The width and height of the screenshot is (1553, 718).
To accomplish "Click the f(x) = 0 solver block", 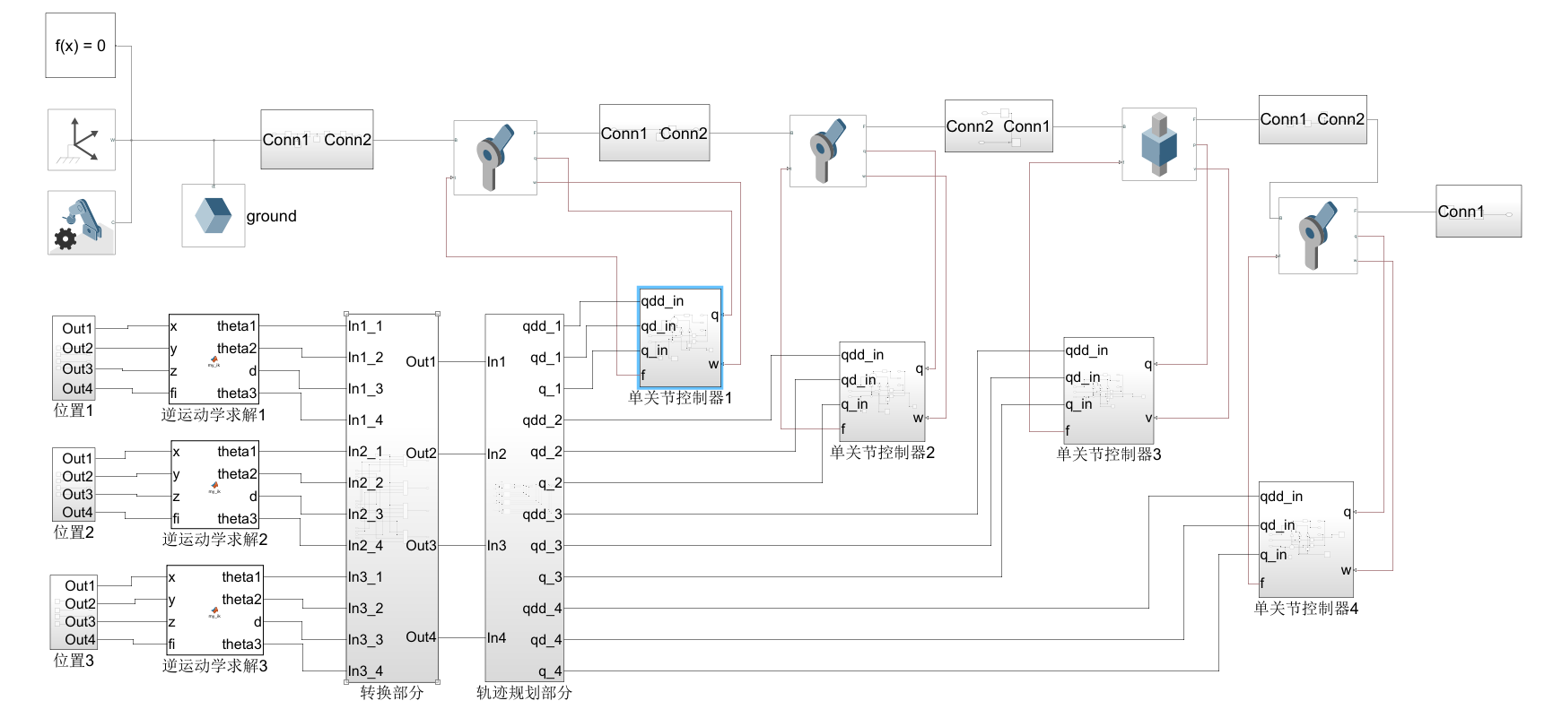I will click(81, 46).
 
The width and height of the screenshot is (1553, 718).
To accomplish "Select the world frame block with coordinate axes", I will click(82, 140).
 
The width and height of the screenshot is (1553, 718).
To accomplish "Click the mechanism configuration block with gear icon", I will click(82, 222).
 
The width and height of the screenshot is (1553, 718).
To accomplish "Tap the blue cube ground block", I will click(214, 216).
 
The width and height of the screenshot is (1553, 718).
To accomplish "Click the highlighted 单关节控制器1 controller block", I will click(679, 337).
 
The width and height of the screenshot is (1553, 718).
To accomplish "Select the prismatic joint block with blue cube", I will click(1158, 144).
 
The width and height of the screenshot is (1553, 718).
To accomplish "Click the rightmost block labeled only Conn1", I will click(1478, 212).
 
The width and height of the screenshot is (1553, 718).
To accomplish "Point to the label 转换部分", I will click(391, 693).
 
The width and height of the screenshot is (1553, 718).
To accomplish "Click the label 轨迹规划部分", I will click(524, 693).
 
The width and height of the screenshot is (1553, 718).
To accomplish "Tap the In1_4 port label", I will click(365, 420).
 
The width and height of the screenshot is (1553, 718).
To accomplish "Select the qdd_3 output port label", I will click(542, 515).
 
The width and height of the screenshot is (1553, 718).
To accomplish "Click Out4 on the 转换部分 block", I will click(421, 637).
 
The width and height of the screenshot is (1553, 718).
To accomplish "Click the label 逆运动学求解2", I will click(214, 540).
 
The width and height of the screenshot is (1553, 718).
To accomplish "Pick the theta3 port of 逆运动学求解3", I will click(241, 644).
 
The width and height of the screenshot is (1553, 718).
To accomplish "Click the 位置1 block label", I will click(74, 411).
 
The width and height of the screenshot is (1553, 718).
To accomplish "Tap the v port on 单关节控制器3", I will click(1147, 418).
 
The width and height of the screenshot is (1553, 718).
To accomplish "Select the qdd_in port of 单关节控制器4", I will click(1281, 497).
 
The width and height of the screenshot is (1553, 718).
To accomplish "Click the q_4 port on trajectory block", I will click(549, 671).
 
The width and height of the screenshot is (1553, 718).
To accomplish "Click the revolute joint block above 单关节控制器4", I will click(1317, 236).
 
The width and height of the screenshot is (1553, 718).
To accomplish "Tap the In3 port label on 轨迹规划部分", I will click(496, 546).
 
